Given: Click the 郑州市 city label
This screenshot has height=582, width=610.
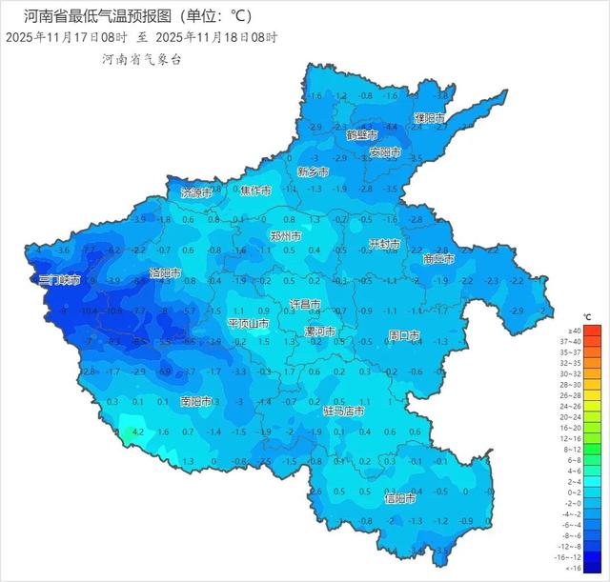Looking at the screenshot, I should click(284, 235).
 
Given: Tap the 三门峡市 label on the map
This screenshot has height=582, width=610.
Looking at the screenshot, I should click(58, 280).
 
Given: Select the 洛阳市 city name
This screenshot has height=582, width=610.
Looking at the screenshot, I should click(164, 272).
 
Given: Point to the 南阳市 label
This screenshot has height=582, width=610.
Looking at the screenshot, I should click(198, 401).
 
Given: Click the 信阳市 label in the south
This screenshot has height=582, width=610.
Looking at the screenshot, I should click(400, 497).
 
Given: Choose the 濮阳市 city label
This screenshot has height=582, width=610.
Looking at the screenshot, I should click(429, 117).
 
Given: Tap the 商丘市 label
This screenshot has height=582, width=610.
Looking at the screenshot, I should click(438, 259).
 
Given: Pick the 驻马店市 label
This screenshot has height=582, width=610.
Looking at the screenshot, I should click(344, 411).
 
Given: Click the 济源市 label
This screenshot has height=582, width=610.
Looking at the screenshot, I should click(197, 192).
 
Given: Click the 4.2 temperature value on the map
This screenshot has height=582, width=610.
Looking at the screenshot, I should click(137, 431).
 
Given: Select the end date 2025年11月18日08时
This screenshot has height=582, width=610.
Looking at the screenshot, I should click(216, 38).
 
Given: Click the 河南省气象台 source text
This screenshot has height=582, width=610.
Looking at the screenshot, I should click(141, 59).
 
